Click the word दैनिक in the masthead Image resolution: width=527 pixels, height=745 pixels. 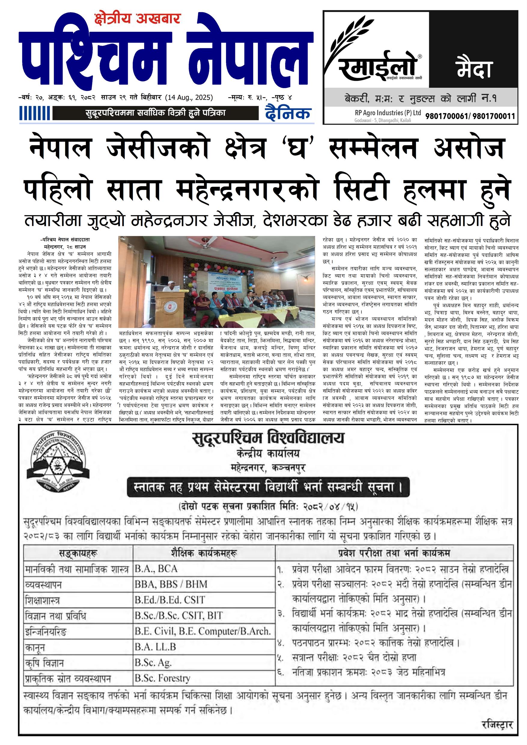point(288,113)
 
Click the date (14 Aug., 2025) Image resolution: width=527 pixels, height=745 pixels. point(189,97)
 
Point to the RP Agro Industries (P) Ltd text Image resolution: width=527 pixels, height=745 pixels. point(388,113)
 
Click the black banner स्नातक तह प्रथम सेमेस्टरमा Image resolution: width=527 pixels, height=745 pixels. point(268,487)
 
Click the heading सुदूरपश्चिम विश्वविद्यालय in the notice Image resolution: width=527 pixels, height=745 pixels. point(268,438)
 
